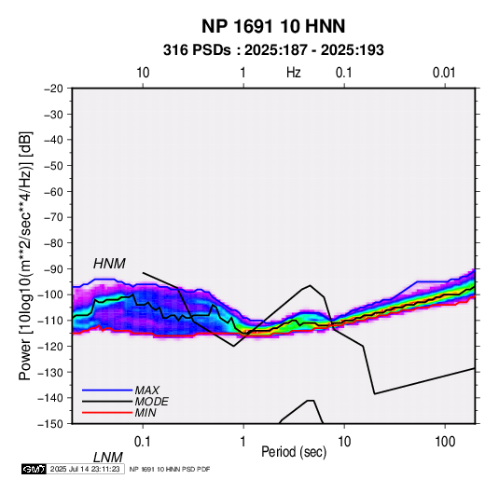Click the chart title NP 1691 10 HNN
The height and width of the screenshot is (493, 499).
273,26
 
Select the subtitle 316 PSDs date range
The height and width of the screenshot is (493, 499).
273,50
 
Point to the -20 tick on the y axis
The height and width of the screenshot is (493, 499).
54,89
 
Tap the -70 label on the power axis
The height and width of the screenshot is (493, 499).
54,217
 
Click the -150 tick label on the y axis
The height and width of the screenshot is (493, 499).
51,424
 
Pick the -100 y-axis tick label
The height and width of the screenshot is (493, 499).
51,294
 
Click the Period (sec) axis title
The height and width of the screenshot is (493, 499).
294,452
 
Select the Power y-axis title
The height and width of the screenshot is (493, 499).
25,256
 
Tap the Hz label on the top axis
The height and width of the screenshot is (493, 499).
294,73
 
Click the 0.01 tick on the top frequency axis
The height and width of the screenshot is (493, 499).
444,73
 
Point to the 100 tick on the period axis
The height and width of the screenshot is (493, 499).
445,442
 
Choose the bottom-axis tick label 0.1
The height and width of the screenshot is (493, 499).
143,442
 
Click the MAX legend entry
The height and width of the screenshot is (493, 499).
147,390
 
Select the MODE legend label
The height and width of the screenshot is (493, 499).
151,402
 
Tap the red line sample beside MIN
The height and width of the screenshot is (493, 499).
107,413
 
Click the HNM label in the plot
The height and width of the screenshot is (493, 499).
109,264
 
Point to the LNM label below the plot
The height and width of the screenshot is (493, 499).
108,458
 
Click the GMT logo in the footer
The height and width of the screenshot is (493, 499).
34,469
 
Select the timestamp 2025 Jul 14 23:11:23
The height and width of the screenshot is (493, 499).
85,469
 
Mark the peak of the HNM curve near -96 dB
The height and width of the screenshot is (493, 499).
310,285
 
